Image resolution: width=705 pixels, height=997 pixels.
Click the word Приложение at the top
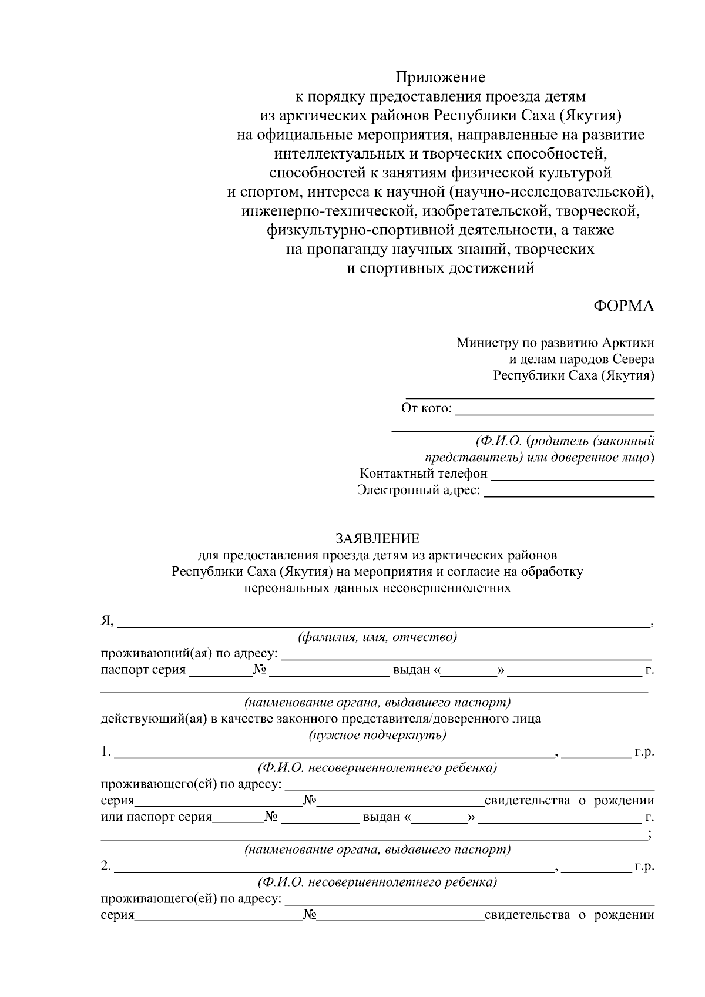click(x=440, y=78)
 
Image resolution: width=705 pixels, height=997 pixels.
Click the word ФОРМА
click(x=623, y=307)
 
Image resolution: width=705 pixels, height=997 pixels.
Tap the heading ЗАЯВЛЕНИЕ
click(x=377, y=539)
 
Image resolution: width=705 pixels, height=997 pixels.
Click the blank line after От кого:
click(x=555, y=409)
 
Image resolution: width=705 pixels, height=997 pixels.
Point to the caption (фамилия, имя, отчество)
click(x=377, y=637)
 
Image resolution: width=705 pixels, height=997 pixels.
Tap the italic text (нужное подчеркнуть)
click(x=377, y=735)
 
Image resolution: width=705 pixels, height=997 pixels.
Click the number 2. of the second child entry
click(x=106, y=867)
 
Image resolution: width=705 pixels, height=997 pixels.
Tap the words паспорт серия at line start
click(x=143, y=670)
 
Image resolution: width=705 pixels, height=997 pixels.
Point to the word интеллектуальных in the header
click(x=338, y=155)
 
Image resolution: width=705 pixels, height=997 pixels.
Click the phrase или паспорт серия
click(x=156, y=817)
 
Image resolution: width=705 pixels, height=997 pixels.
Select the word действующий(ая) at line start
click(x=151, y=719)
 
